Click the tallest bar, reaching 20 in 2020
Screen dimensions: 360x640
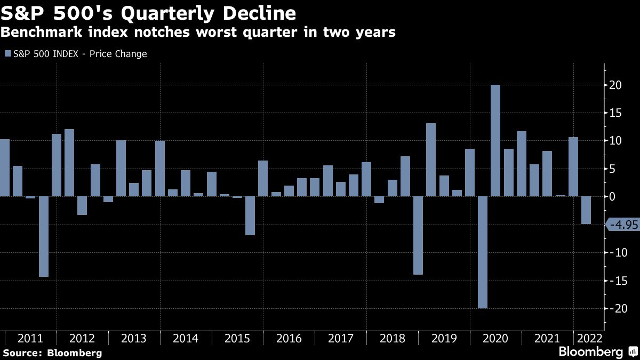pos(495,141)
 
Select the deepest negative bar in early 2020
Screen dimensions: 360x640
pos(482,252)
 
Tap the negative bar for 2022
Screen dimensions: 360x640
pos(586,210)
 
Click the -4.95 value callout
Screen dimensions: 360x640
pos(623,225)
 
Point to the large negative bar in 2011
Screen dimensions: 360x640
pos(44,236)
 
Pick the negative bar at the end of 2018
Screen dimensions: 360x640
pos(418,235)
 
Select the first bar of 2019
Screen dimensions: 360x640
pos(431,160)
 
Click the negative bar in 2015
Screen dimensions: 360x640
pos(250,215)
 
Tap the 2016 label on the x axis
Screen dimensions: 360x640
pos(289,339)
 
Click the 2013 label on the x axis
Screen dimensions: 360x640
pos(133,339)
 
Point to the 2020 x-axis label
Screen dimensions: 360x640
pos(495,339)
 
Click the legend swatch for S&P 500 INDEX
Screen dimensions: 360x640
pos(7,54)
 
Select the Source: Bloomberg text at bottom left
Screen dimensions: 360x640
pos(52,353)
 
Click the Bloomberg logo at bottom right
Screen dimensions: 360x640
pos(591,352)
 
